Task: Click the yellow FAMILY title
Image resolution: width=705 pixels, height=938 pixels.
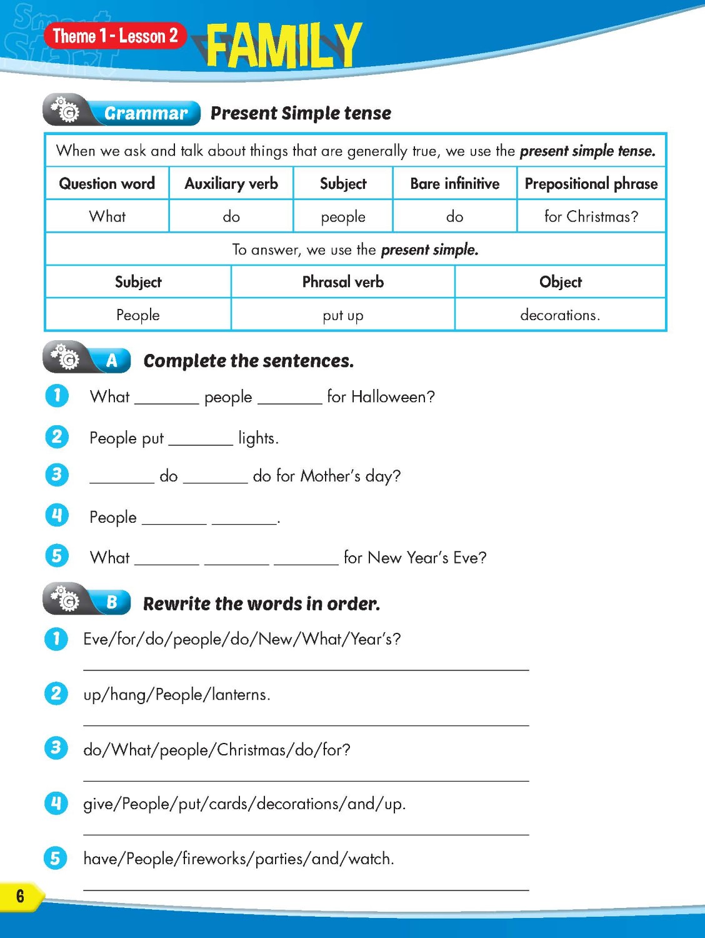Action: click(283, 45)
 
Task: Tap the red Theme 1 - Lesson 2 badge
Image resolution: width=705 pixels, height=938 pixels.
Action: click(116, 36)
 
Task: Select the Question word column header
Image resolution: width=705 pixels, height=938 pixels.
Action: click(107, 183)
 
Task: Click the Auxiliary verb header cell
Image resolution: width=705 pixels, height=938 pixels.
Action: click(231, 183)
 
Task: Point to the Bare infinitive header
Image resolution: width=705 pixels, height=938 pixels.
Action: click(454, 183)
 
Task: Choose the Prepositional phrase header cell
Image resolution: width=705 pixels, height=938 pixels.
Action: click(591, 183)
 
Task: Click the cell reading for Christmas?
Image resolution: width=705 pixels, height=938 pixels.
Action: click(591, 216)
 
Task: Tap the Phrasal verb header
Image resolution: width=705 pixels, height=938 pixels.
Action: click(342, 282)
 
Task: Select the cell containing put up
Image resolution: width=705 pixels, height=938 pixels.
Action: click(342, 315)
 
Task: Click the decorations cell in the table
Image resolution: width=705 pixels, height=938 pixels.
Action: click(560, 315)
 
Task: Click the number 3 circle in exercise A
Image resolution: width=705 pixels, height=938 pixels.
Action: click(57, 475)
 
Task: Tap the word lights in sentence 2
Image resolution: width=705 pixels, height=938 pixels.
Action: click(257, 438)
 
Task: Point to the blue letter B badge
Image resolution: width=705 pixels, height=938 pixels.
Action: click(112, 602)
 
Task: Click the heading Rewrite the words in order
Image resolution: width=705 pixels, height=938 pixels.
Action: click(261, 603)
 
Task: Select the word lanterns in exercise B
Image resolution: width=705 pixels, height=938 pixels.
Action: click(240, 694)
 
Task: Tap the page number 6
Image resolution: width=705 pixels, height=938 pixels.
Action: click(20, 895)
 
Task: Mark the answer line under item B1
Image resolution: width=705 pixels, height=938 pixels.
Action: click(306, 669)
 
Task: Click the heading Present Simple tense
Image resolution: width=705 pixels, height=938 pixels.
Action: click(301, 113)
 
